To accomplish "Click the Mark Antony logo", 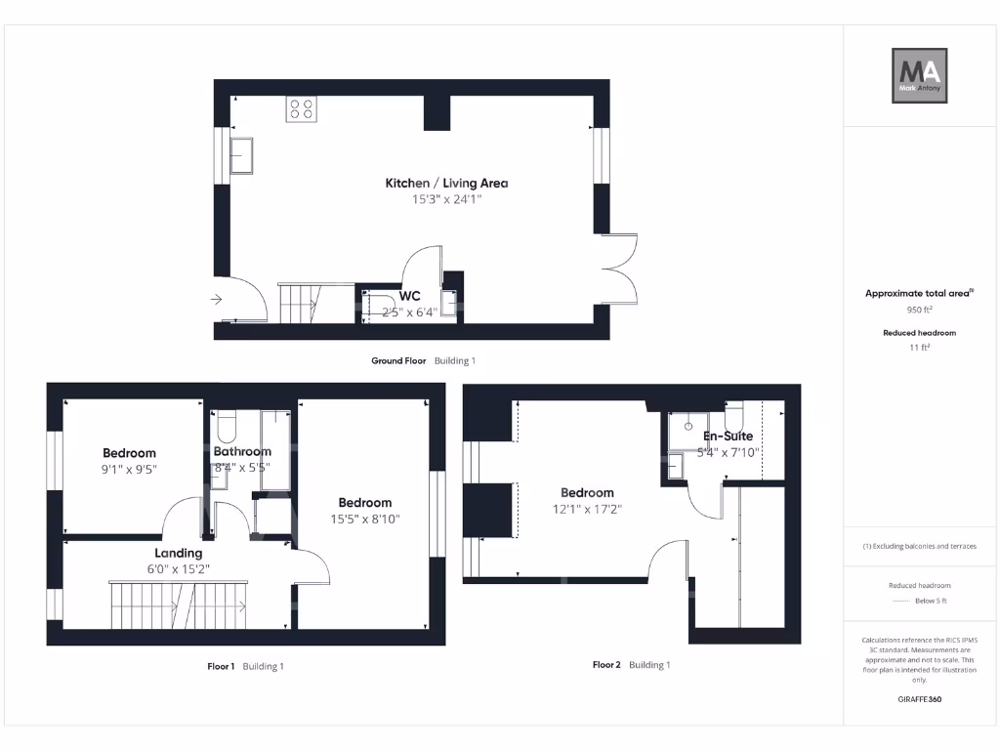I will click(x=920, y=76).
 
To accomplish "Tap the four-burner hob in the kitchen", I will click(x=301, y=109).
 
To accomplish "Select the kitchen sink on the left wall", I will click(x=242, y=155).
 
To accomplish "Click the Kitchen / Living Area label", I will click(x=446, y=183).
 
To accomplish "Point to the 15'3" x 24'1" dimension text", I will click(x=446, y=199).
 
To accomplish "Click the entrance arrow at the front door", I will click(x=216, y=300).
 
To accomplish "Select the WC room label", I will click(x=410, y=296).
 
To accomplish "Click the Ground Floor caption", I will click(x=398, y=360).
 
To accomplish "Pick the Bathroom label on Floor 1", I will click(x=242, y=451).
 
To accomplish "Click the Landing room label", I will click(x=178, y=553).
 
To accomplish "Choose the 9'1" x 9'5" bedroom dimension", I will click(x=130, y=470).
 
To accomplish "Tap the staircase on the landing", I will click(x=179, y=604).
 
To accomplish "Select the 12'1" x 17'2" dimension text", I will click(x=587, y=509).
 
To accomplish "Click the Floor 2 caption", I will click(x=606, y=665).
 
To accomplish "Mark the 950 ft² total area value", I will click(x=919, y=310).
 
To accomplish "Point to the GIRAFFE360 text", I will click(x=918, y=699).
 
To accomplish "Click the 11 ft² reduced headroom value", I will click(x=919, y=348).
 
